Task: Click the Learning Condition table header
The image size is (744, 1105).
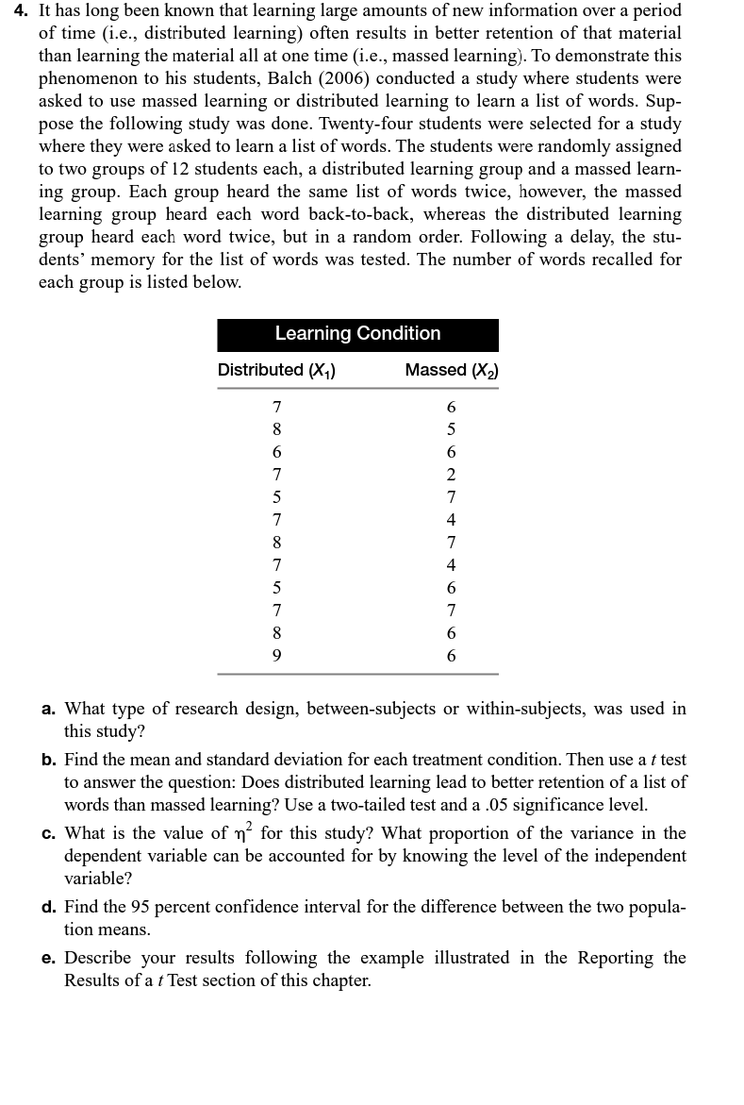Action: (357, 334)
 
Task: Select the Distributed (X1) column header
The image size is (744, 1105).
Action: (276, 370)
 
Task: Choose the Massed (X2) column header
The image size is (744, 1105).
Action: (451, 370)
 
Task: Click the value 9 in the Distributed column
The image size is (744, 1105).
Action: (276, 655)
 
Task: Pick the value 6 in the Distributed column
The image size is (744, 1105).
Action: (276, 452)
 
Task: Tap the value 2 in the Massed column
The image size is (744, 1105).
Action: (451, 475)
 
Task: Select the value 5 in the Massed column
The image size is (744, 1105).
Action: (451, 429)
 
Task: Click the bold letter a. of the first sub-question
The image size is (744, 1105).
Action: (48, 709)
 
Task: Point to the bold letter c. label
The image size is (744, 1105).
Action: (48, 833)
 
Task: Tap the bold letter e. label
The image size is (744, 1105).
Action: (48, 958)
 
